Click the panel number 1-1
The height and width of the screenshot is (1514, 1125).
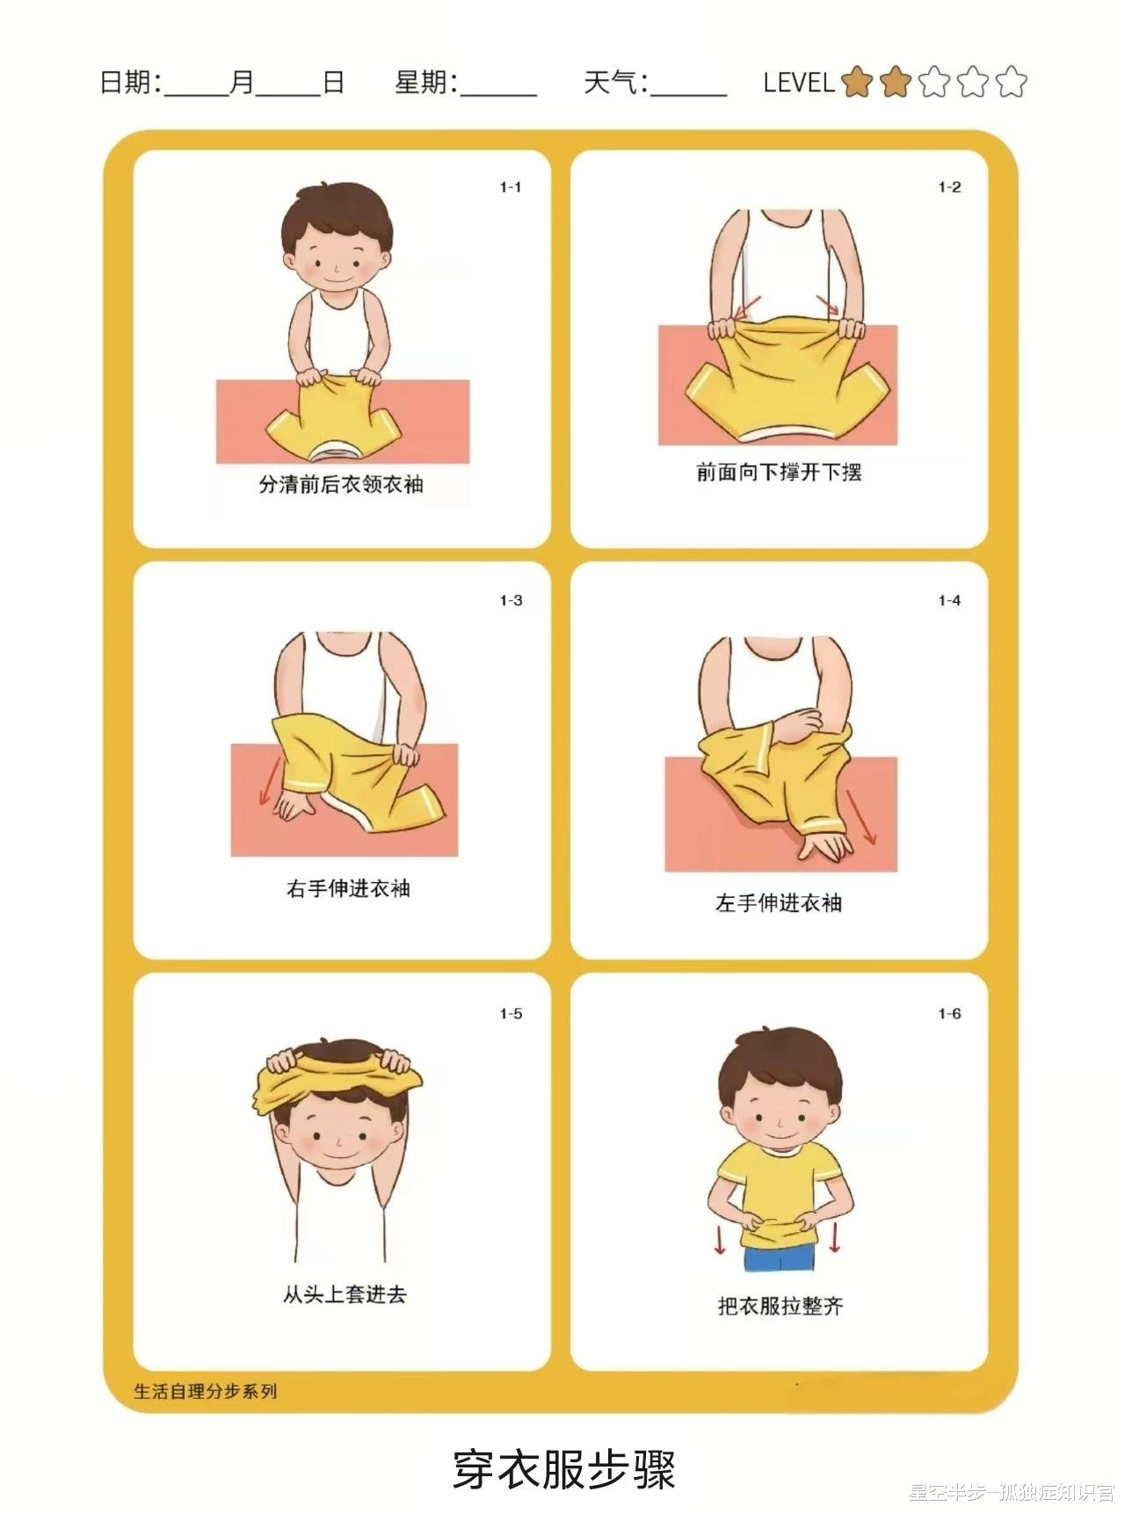click(x=511, y=187)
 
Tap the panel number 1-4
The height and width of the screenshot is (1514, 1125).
click(x=949, y=600)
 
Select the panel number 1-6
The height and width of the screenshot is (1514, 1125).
click(x=949, y=1013)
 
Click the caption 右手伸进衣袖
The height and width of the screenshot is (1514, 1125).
click(x=348, y=888)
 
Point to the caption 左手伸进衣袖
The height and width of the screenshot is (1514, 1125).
click(x=779, y=902)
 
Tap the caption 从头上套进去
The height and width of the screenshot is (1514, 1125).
click(x=345, y=1294)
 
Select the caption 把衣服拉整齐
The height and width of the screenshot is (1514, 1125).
click(x=780, y=1306)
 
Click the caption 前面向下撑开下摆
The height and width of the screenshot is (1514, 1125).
click(x=779, y=473)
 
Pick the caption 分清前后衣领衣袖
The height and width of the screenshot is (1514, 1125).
click(x=341, y=484)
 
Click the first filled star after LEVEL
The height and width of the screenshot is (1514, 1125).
click(x=856, y=83)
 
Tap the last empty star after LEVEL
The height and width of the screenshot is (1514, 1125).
click(x=1011, y=83)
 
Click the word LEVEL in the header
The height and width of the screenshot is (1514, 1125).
click(x=798, y=83)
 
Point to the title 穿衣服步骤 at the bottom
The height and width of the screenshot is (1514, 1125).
click(x=564, y=1469)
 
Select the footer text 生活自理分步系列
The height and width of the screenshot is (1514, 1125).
click(x=206, y=1391)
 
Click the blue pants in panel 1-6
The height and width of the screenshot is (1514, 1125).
click(x=780, y=1257)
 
